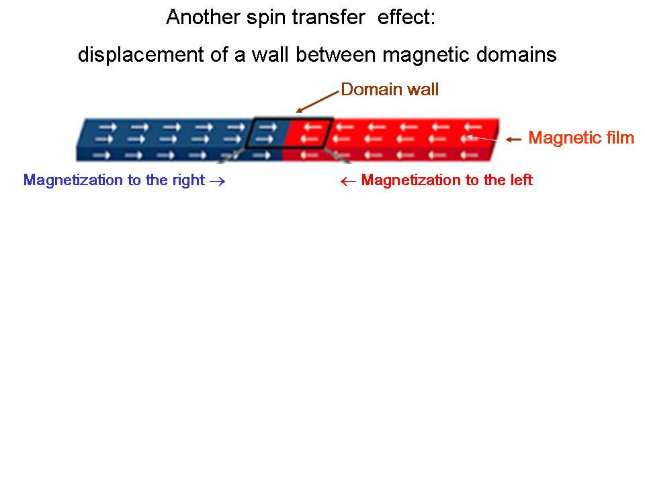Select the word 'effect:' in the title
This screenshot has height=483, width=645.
click(x=406, y=17)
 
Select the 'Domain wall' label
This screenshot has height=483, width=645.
click(x=390, y=89)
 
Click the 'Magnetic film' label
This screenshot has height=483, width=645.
click(x=581, y=138)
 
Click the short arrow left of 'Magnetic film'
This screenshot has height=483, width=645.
click(x=513, y=140)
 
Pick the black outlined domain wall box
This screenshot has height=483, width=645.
click(x=288, y=133)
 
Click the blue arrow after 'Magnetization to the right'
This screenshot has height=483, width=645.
click(x=216, y=181)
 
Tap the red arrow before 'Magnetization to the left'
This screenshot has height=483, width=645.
click(x=348, y=181)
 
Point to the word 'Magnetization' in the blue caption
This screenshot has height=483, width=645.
click(x=68, y=180)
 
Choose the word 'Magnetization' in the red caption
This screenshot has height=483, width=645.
click(x=405, y=180)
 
